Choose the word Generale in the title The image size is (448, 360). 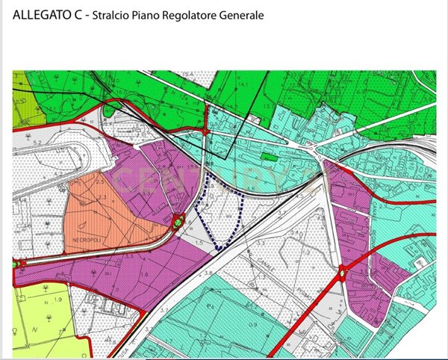[243, 16]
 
